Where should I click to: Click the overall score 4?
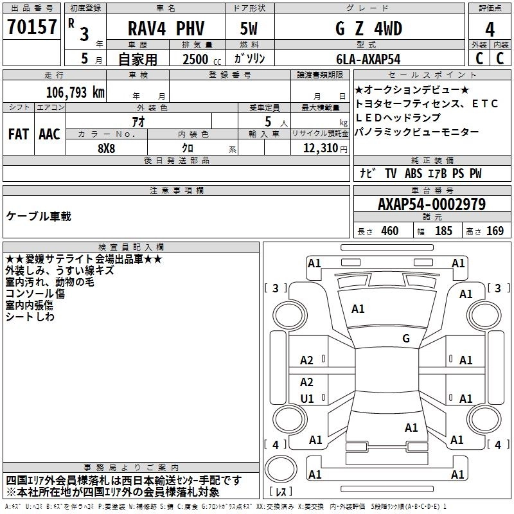490,29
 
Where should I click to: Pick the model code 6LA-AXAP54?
368,59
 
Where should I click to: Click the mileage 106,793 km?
75,92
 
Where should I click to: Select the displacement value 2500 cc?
195,59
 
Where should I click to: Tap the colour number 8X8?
107,148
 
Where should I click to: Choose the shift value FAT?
18,134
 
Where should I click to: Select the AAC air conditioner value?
49,134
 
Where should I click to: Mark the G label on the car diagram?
406,338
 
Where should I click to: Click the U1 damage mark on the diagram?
307,398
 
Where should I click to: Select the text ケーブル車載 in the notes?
39,216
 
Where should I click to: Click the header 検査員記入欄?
131,247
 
